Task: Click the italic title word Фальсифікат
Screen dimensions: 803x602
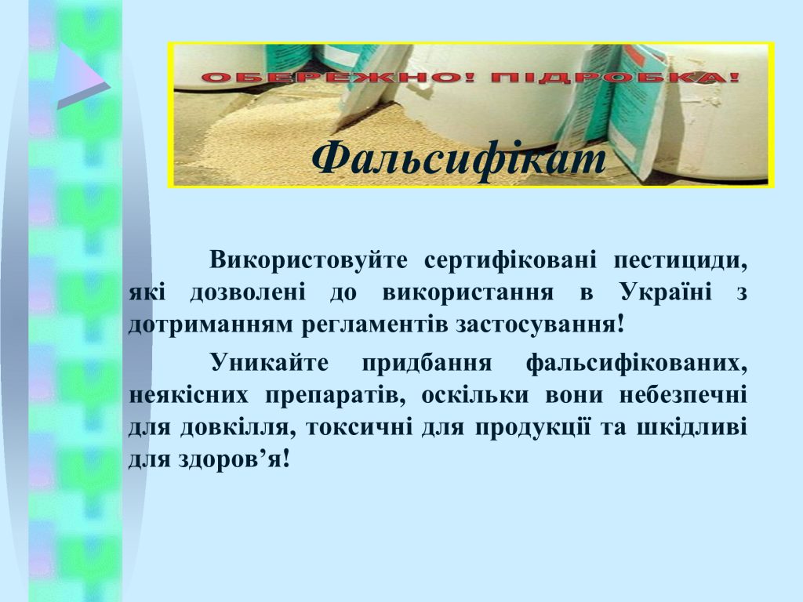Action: tap(459, 158)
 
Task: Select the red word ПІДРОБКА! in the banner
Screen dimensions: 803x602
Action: tap(616, 78)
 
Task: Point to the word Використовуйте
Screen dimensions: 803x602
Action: tap(308, 261)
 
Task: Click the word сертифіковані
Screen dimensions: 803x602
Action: tap(511, 260)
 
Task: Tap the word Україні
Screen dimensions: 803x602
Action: tap(666, 292)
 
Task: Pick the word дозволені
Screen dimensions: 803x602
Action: tap(248, 293)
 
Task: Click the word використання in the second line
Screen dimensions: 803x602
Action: tap(468, 293)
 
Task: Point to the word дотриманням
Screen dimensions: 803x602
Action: tap(209, 325)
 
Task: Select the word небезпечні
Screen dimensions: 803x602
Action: tap(683, 396)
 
